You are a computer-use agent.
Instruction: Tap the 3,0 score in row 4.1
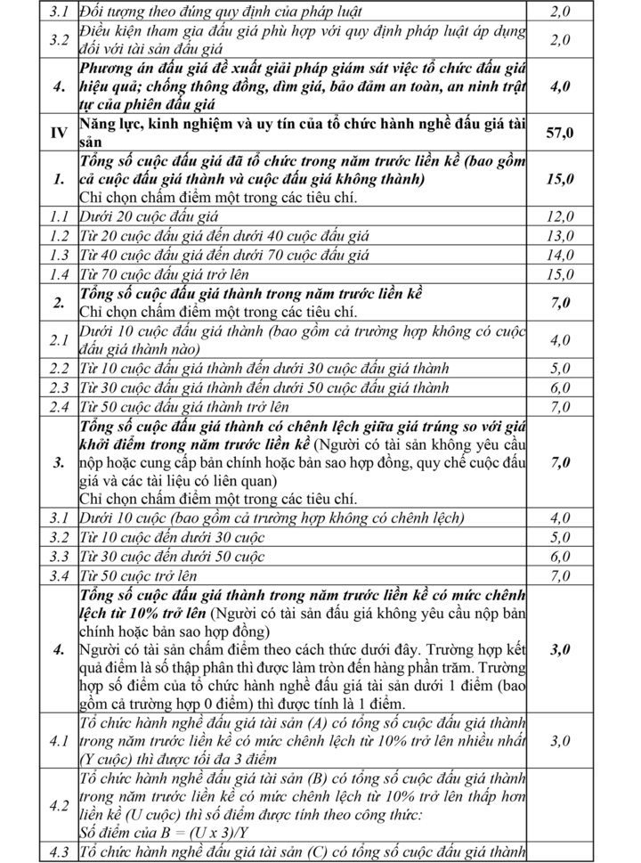(562, 741)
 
